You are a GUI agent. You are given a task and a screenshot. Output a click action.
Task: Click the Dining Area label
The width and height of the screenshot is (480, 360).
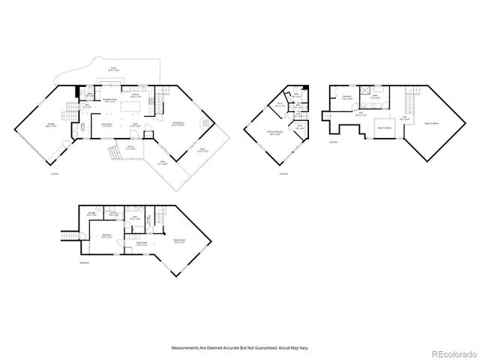[106, 124]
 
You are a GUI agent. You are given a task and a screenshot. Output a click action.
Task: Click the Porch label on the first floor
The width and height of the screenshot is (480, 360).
[130, 147]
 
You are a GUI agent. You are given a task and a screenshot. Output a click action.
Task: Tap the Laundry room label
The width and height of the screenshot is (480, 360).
[112, 214]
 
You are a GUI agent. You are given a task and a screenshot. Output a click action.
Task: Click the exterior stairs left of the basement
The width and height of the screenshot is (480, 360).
[68, 237]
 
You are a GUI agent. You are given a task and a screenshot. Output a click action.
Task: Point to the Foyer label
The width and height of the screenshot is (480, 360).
[136, 124]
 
